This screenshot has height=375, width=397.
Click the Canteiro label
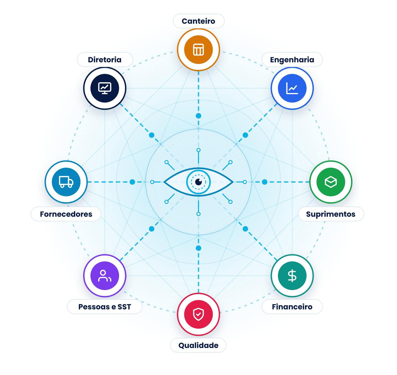(198, 21)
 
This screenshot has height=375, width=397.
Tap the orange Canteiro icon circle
(198, 50)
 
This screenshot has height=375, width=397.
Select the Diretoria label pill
(105, 60)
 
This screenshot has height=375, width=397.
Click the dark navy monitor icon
(105, 88)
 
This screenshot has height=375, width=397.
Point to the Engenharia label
(292, 60)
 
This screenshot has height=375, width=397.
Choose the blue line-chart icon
(292, 88)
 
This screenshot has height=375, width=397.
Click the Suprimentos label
(331, 214)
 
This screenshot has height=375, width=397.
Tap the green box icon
(331, 182)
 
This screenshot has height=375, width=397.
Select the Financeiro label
(292, 307)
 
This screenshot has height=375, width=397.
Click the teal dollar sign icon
(292, 276)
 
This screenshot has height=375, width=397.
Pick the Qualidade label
(198, 345)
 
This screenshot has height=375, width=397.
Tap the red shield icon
(198, 314)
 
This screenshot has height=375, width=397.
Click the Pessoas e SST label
(105, 307)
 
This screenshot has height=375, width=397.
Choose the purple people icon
(105, 276)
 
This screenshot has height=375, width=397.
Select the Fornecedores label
(66, 214)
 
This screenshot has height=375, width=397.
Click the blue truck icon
(66, 182)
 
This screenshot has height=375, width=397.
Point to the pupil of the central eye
(198, 182)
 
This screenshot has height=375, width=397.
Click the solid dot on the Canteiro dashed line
(198, 116)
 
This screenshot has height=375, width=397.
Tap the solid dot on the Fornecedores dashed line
(132, 182)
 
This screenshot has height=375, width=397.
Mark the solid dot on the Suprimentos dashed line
(265, 182)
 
